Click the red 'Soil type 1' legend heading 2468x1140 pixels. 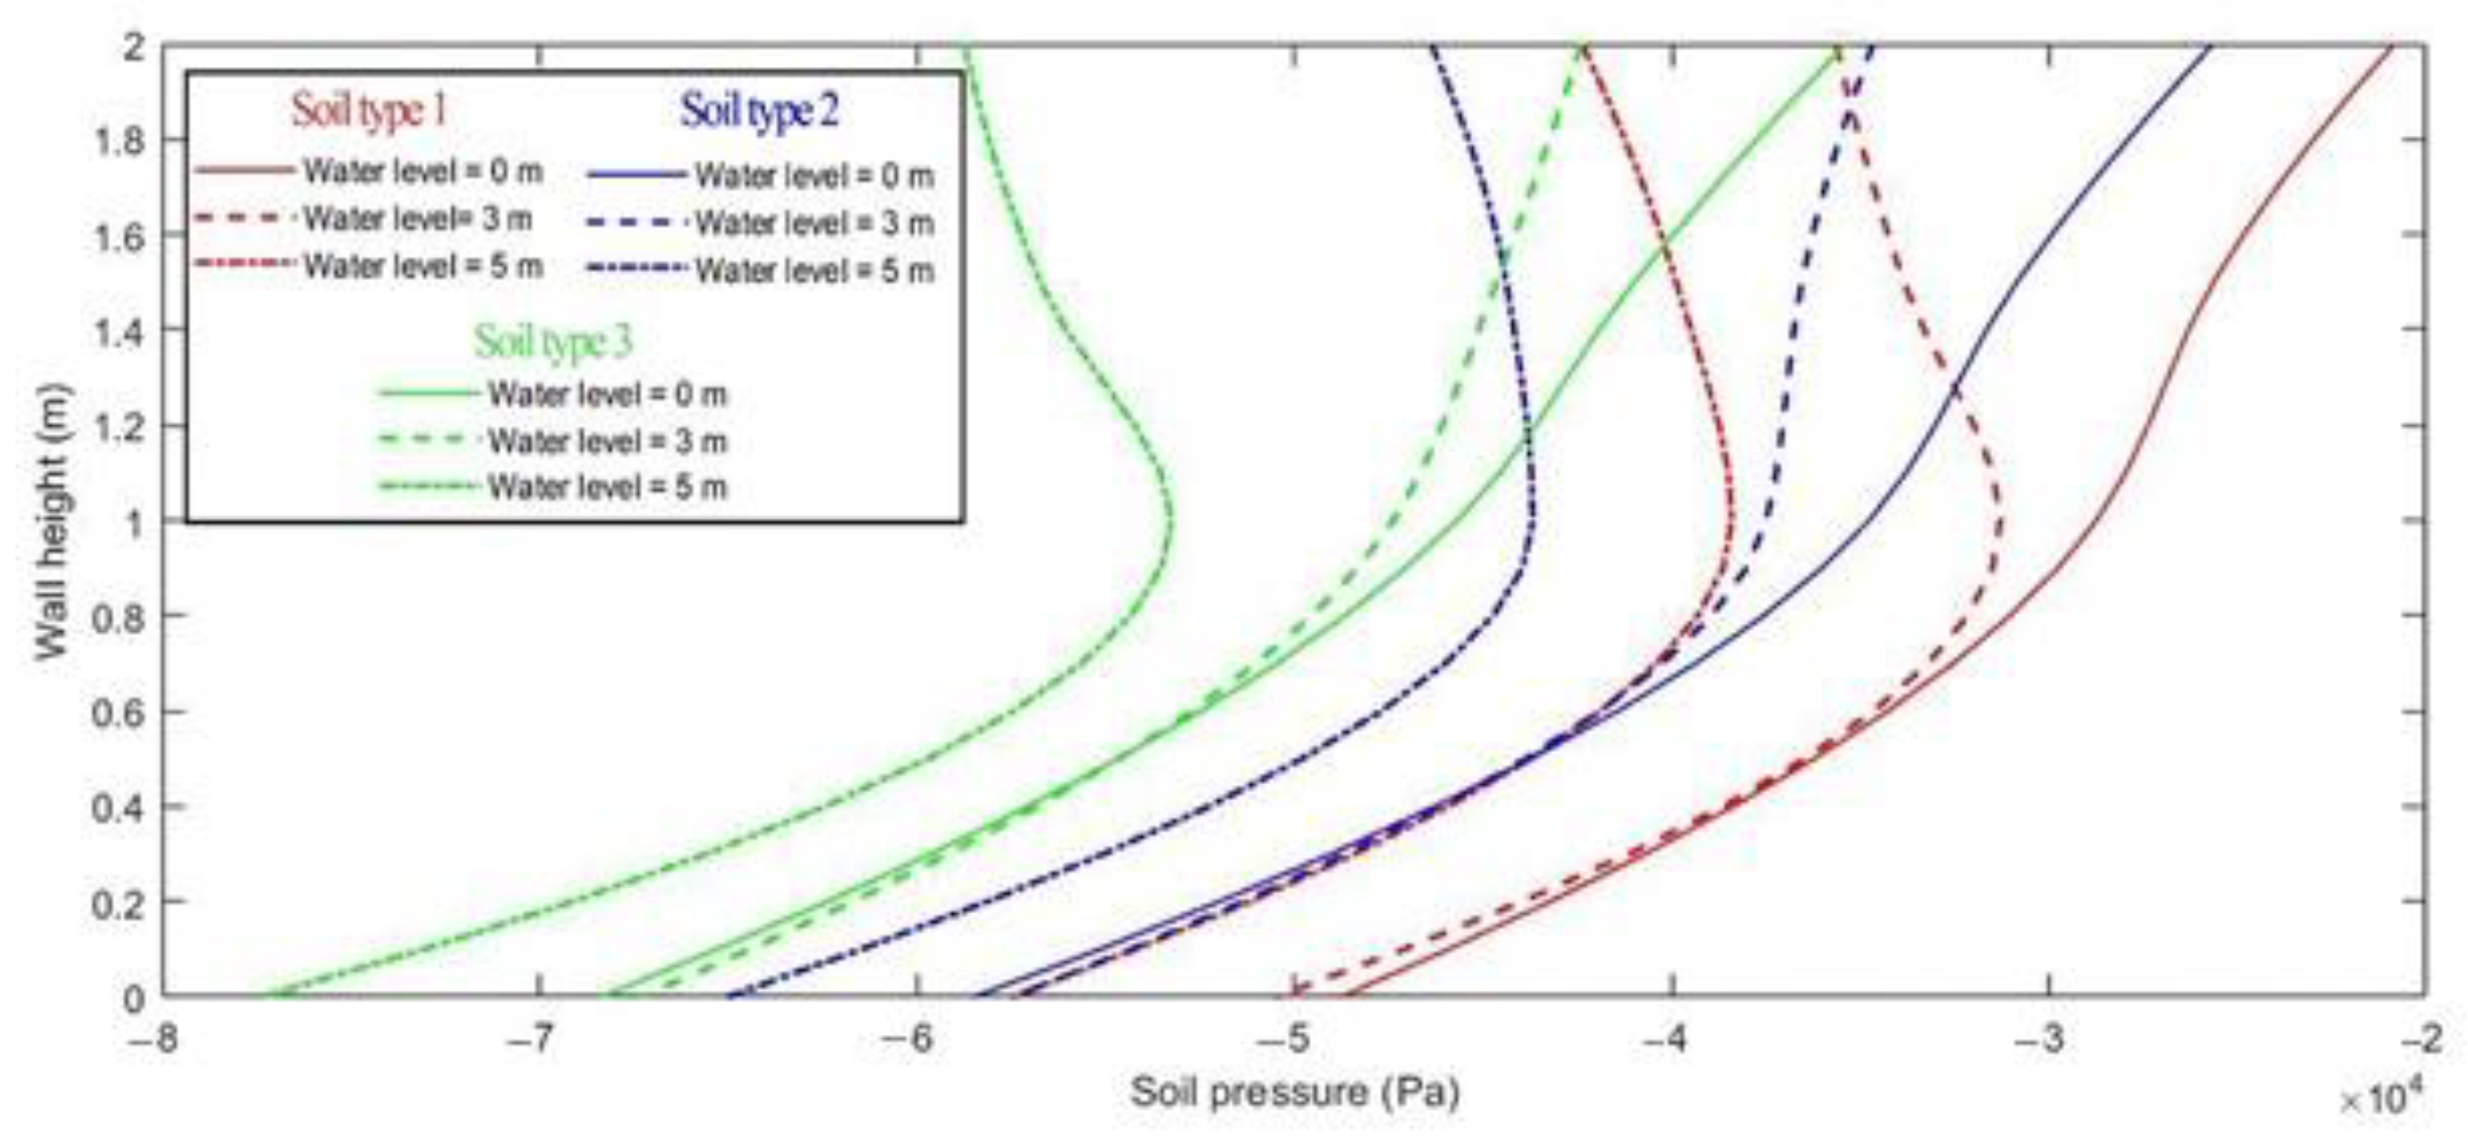[x=370, y=111]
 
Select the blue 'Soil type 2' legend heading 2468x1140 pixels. [x=759, y=111]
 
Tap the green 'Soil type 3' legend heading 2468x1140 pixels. [x=554, y=341]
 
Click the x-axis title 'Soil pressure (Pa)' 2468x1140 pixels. [x=1295, y=1093]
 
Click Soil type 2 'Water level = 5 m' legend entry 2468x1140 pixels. [x=813, y=271]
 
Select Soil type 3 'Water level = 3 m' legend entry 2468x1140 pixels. [x=607, y=442]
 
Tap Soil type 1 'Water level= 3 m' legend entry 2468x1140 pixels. [x=418, y=219]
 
